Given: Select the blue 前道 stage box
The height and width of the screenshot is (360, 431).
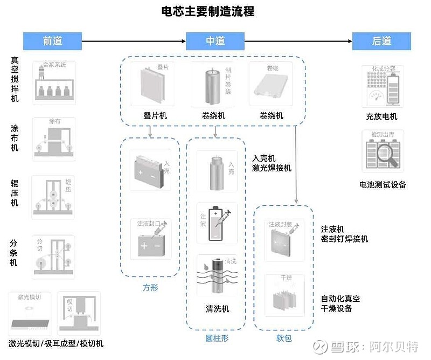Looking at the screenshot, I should point(52,41).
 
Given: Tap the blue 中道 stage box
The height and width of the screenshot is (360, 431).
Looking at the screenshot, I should point(215,41).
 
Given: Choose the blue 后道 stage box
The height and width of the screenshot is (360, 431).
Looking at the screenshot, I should point(381,41).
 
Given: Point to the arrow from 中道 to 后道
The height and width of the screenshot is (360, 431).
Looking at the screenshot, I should point(298,41).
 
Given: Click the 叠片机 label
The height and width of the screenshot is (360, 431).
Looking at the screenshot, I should point(155,116).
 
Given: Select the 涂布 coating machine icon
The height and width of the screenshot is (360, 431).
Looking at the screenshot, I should point(54,139).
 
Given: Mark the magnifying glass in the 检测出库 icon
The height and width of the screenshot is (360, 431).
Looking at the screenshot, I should point(387,151).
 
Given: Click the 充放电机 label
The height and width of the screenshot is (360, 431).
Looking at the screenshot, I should point(381,116).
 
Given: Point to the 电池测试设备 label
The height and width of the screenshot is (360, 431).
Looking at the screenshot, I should point(383,185).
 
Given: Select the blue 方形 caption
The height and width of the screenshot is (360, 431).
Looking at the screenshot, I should point(150,288).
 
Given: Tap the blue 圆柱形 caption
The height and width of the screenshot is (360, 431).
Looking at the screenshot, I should point(217,338).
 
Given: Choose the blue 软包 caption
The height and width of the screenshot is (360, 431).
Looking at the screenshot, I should point(284,338).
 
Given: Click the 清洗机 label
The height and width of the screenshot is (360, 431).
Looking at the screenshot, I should point(217,309).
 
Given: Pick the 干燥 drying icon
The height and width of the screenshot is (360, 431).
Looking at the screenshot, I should point(284,295).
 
